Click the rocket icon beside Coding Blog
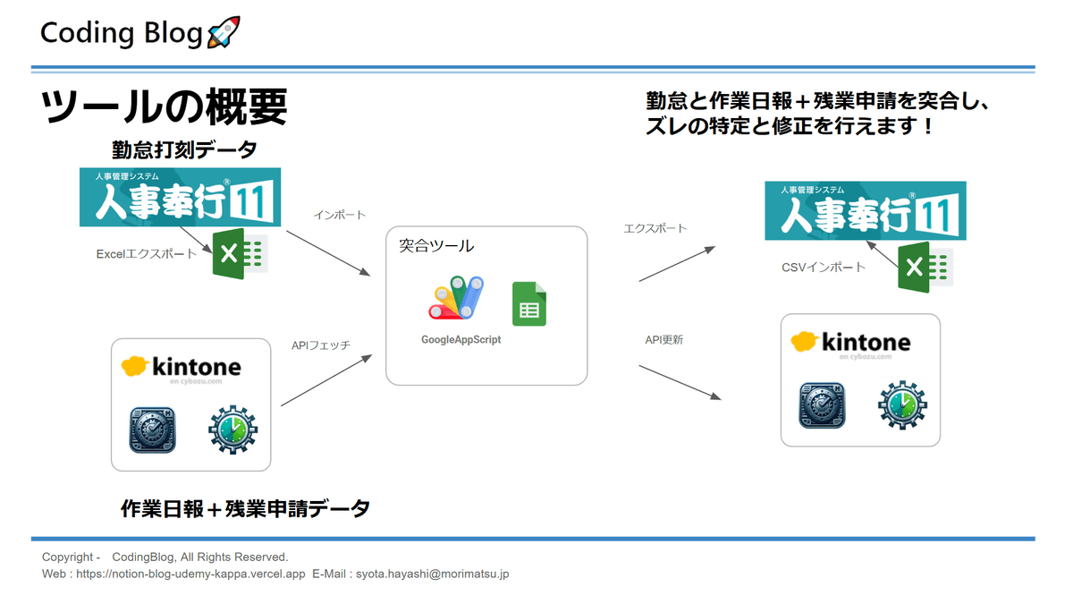pyautogui.click(x=223, y=33)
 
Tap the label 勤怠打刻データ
pyautogui.click(x=184, y=149)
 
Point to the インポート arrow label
pyautogui.click(x=339, y=216)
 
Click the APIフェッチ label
pyautogui.click(x=321, y=345)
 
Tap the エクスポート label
pyautogui.click(x=655, y=228)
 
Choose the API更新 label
pyautogui.click(x=664, y=340)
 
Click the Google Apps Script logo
pyautogui.click(x=457, y=298)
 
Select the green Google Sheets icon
pyautogui.click(x=528, y=304)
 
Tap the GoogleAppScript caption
pyautogui.click(x=460, y=340)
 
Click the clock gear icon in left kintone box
pyautogui.click(x=232, y=430)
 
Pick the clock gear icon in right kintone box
pyautogui.click(x=902, y=405)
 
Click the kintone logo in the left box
pyautogui.click(x=181, y=367)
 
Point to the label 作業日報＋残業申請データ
pyautogui.click(x=245, y=509)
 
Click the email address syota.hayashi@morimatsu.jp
pyautogui.click(x=432, y=574)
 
